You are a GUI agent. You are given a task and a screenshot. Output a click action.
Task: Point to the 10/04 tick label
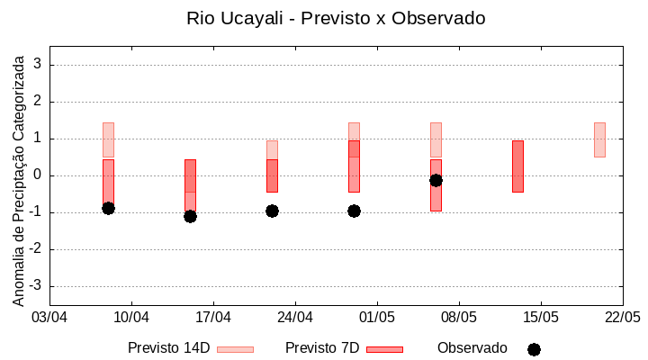click(131, 318)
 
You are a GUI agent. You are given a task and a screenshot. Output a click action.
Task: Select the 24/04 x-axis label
click(295, 318)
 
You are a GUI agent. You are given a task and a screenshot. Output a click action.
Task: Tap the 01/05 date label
click(377, 318)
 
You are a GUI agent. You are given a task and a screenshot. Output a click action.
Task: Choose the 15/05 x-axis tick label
click(541, 318)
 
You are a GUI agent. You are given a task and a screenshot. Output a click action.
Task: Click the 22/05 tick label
click(622, 318)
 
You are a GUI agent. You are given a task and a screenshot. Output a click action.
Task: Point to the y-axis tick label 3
click(38, 65)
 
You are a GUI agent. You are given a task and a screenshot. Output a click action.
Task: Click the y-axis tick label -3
click(35, 286)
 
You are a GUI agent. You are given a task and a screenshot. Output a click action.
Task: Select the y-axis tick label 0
click(38, 175)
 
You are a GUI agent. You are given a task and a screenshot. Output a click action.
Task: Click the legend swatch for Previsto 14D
click(235, 349)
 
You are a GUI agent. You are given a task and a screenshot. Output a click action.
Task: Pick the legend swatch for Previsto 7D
click(384, 349)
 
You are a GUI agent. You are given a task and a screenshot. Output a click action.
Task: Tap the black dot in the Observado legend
click(534, 349)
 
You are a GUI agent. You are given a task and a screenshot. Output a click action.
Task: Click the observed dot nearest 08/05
click(436, 180)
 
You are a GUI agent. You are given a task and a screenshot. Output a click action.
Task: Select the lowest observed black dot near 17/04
click(190, 216)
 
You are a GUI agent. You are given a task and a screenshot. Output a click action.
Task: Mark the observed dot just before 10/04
click(108, 208)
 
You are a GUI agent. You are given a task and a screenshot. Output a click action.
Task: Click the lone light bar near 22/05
click(599, 139)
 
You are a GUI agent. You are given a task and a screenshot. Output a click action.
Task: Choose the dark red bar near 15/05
click(517, 166)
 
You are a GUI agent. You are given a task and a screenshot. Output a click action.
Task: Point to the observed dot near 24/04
click(272, 211)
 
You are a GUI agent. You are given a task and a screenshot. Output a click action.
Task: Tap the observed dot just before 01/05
click(354, 211)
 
